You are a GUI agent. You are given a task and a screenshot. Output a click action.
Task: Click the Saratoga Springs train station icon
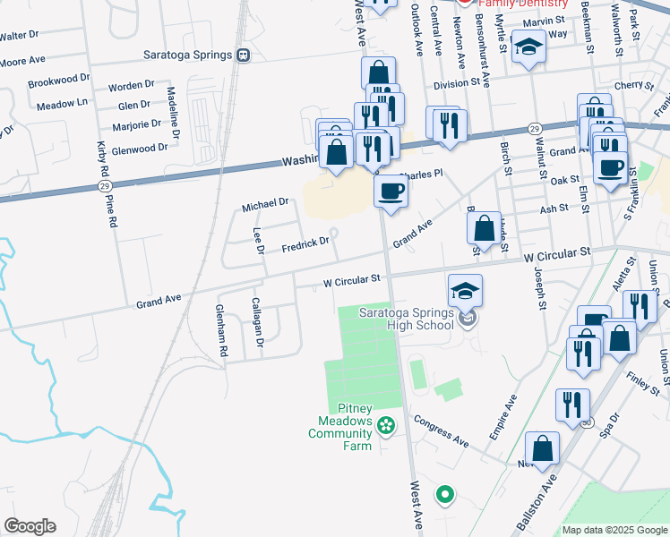244,55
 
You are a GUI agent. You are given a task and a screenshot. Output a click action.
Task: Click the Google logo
30,526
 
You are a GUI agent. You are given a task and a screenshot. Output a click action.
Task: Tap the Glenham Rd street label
220,331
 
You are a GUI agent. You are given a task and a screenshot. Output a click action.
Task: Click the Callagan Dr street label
257,322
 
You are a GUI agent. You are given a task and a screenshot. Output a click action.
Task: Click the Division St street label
458,83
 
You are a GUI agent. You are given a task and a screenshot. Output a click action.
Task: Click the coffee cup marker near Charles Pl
390,192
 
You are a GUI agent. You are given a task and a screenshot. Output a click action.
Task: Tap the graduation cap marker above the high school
466,290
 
